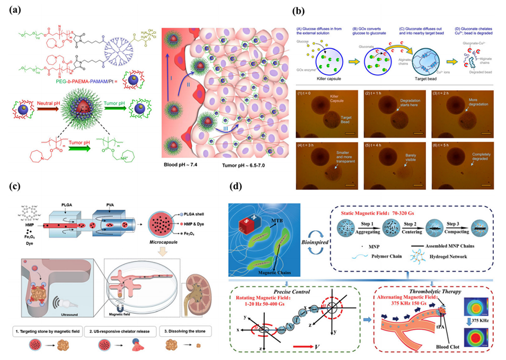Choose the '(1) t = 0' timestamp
[x=323, y=94]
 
